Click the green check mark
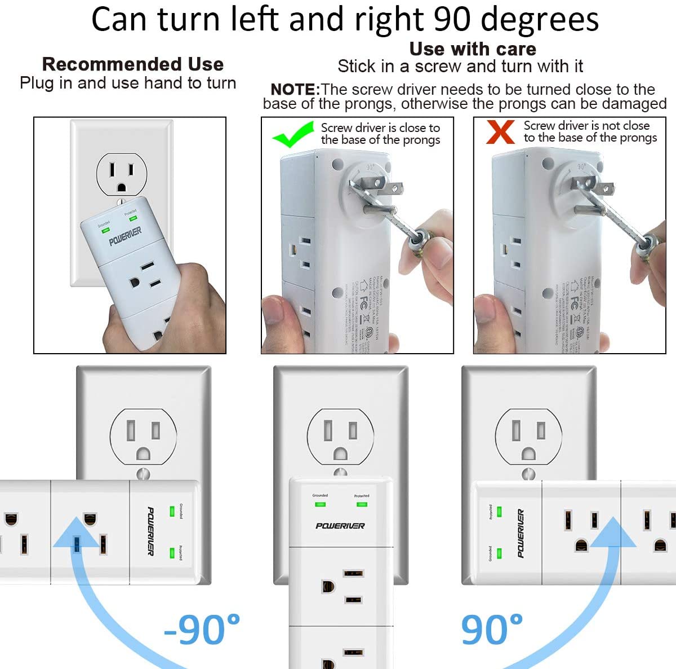[292, 134]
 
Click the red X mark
[500, 132]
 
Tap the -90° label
[202, 629]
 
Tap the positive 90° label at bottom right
[492, 629]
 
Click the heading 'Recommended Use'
[133, 64]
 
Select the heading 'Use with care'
[472, 49]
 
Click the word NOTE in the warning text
[295, 90]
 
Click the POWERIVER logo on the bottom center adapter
[340, 526]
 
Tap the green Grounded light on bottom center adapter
[320, 504]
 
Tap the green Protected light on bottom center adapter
[362, 504]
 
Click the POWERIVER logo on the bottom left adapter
[150, 531]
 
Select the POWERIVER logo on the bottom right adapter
[520, 534]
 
